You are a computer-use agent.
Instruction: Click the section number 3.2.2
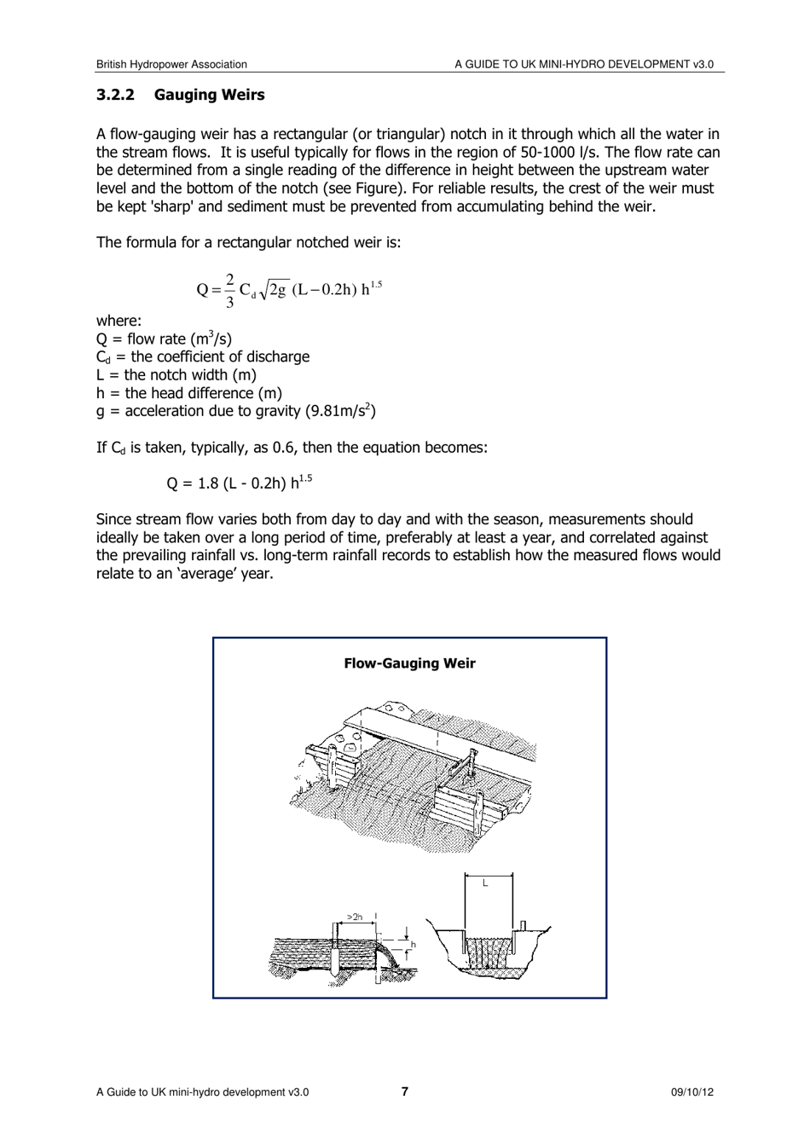pos(115,95)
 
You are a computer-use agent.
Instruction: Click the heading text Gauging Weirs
pos(209,95)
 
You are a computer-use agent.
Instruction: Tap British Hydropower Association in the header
pos(171,64)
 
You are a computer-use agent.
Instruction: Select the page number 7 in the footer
pos(405,1091)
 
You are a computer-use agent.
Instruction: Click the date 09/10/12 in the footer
pos(691,1092)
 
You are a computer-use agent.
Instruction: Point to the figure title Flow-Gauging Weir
pos(409,663)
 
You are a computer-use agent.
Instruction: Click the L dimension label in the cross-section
pos(485,883)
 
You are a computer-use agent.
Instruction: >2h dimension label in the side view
pos(355,917)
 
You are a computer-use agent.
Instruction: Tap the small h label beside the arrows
pos(414,945)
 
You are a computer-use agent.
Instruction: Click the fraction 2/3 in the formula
pos(229,290)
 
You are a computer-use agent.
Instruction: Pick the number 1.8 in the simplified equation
pos(208,483)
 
